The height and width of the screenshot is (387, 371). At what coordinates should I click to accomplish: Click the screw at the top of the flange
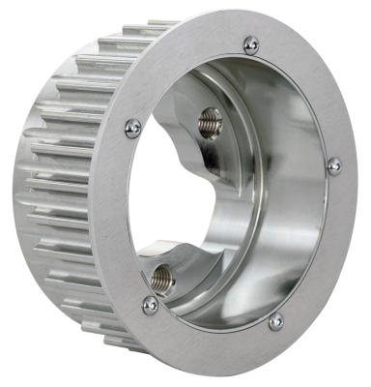coord(250,44)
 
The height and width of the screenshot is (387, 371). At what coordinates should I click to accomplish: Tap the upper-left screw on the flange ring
coord(133,128)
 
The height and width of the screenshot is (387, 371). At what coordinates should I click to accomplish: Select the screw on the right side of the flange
coord(333,165)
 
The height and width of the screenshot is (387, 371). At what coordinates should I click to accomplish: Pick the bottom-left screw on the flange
coord(150,304)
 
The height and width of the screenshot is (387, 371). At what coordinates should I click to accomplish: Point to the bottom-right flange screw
coord(275,321)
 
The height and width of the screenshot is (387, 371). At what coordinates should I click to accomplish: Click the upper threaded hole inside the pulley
coord(210,122)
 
